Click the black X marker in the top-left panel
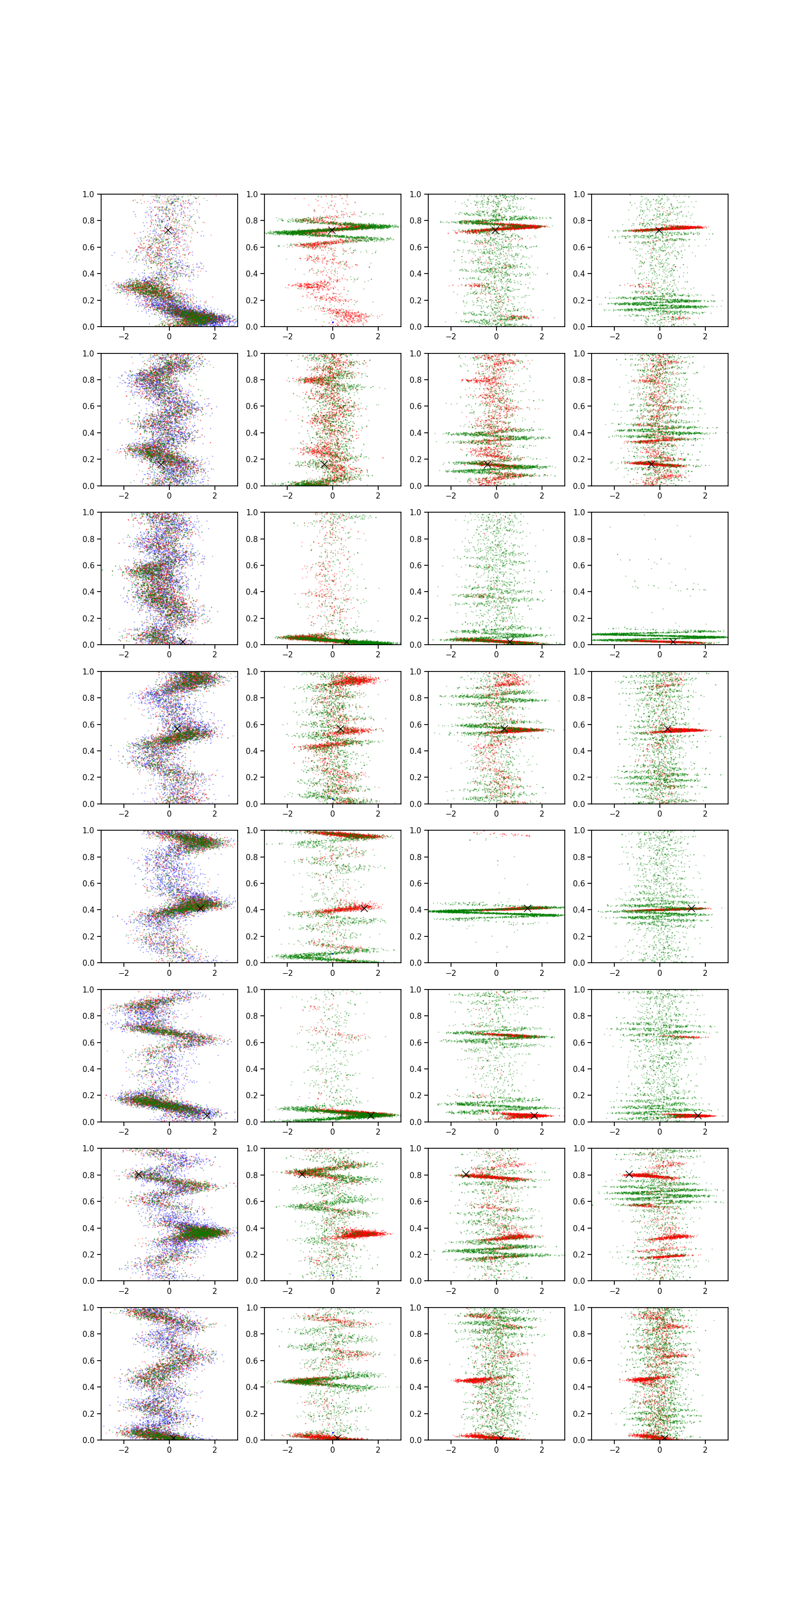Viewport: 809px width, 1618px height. [168, 231]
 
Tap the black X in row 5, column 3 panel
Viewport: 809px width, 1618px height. [527, 908]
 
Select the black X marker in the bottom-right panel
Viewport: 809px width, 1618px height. [664, 1437]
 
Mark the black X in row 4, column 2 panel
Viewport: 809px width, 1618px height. [340, 729]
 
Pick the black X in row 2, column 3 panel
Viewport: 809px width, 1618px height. [487, 464]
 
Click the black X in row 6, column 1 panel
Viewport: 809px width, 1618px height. [207, 1115]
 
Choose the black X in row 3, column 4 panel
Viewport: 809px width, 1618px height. [672, 641]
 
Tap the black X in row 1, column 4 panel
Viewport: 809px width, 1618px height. [658, 231]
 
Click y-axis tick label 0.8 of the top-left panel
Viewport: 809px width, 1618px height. [88, 220]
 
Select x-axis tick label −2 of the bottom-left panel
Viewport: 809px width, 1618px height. [124, 1450]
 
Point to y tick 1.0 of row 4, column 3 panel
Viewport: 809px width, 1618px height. [415, 671]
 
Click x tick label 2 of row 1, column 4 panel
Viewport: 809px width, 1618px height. [705, 337]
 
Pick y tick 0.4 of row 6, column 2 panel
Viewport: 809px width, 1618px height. [251, 1069]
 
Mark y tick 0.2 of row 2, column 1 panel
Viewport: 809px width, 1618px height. [88, 459]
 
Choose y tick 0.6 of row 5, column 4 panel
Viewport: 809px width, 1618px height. [578, 883]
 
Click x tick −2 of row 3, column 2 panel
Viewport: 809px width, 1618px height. [287, 654]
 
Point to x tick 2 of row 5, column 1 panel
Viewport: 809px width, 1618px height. [214, 972]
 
